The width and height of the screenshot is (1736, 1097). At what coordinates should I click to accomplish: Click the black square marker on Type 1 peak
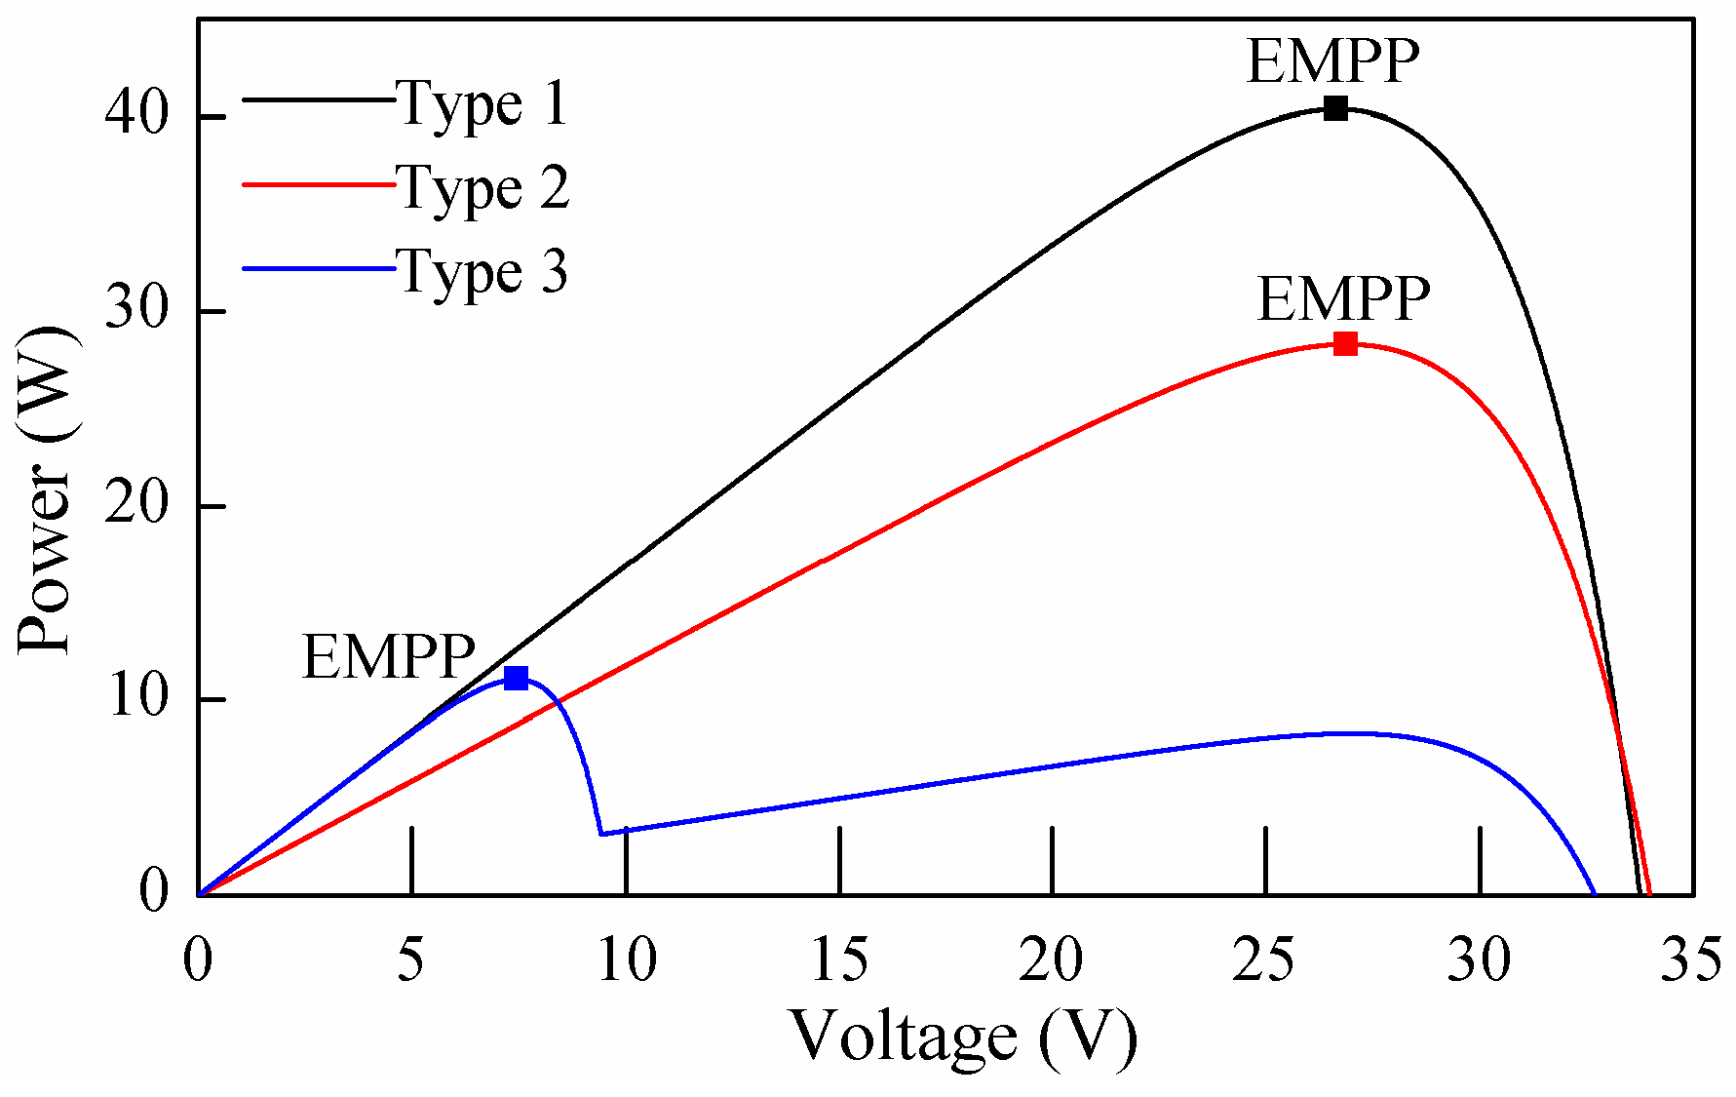(x=1335, y=108)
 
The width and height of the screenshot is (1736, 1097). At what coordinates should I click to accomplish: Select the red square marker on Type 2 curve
(x=1345, y=343)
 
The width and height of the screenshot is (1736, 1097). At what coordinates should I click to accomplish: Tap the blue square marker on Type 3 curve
(x=516, y=678)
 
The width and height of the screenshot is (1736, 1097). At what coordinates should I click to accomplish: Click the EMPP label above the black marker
(x=1332, y=61)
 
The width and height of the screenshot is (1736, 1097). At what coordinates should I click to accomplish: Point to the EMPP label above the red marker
(x=1343, y=298)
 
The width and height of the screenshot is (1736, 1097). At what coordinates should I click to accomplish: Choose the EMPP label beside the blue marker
(x=388, y=656)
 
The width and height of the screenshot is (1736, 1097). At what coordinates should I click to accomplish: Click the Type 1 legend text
(x=482, y=102)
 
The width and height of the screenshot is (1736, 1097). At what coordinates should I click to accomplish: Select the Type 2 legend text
(x=482, y=186)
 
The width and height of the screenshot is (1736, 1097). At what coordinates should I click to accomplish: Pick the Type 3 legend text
(x=482, y=270)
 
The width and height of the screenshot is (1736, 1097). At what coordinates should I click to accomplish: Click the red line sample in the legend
(x=318, y=182)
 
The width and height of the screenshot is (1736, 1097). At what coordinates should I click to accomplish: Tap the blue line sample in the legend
(x=318, y=266)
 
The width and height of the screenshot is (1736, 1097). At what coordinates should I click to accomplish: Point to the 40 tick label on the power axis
(x=137, y=116)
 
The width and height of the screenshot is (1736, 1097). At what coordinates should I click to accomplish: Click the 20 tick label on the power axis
(x=137, y=506)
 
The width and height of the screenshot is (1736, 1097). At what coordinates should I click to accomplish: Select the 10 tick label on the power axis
(x=137, y=699)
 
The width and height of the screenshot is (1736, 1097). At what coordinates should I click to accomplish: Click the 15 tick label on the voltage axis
(x=839, y=960)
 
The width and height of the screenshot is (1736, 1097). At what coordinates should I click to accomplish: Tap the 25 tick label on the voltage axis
(x=1265, y=960)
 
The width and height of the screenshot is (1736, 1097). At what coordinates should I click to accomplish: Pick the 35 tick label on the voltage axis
(x=1691, y=960)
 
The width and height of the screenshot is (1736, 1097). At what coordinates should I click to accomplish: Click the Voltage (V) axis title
(x=963, y=1036)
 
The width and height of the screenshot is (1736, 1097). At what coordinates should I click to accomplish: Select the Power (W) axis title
(x=46, y=490)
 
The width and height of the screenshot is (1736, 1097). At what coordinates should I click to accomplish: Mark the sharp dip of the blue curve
(x=601, y=834)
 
